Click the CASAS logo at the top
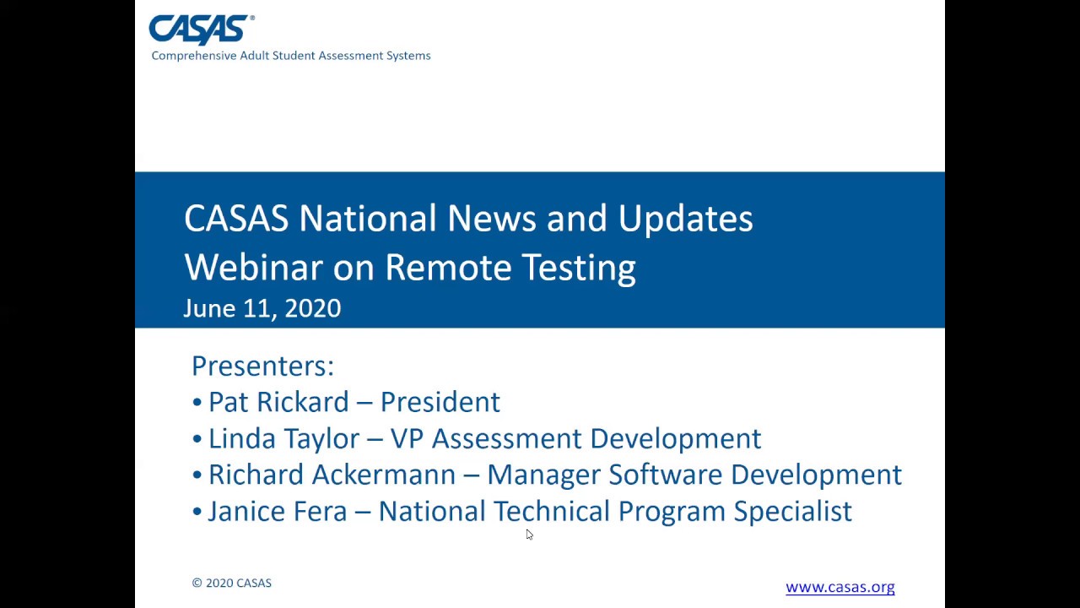tap(201, 30)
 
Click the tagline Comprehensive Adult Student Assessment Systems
tap(291, 56)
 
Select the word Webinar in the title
tap(253, 268)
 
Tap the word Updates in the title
tap(685, 219)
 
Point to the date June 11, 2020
tap(262, 308)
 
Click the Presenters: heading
tap(262, 366)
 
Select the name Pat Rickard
tap(278, 402)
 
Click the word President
tap(440, 402)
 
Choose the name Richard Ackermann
tap(332, 475)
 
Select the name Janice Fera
tap(277, 511)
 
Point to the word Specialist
tap(792, 511)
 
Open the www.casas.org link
tap(840, 587)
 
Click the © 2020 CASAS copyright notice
tap(231, 583)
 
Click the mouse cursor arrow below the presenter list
tap(529, 535)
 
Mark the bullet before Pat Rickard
tap(197, 403)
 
